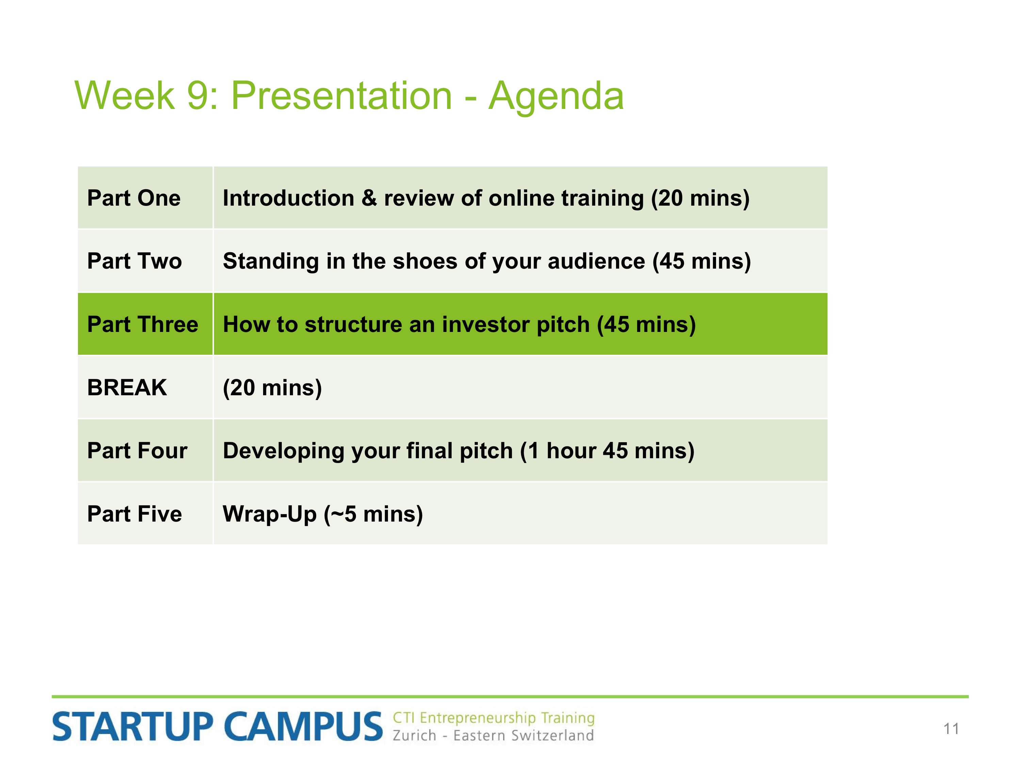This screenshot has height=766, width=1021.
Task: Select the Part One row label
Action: (134, 198)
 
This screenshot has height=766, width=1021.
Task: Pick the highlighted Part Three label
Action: (143, 324)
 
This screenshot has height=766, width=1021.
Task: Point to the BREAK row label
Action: (127, 387)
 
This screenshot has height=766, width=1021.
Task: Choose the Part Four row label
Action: (137, 451)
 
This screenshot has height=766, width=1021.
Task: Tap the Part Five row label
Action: (134, 514)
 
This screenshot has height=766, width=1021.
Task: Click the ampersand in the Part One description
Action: (369, 198)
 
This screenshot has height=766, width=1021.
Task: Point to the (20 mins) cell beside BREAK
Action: (272, 387)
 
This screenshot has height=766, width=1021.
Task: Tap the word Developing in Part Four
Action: (283, 451)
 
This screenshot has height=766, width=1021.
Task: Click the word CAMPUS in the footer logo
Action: (303, 726)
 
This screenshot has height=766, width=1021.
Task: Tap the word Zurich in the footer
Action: (414, 735)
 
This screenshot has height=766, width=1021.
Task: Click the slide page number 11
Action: (951, 729)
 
